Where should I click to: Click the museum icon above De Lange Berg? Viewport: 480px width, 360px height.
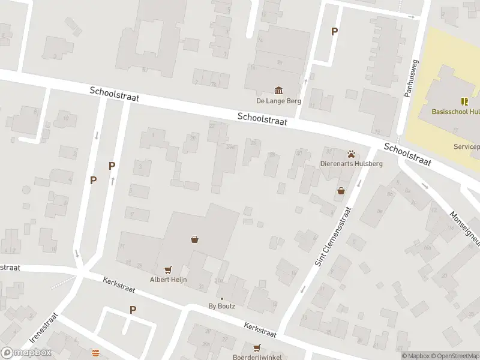[x=279, y=91]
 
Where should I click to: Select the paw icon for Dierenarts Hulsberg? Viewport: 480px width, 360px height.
[x=351, y=154]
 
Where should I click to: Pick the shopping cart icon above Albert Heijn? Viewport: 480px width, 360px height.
[x=167, y=270]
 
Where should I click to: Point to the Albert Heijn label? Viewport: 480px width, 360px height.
[x=168, y=280]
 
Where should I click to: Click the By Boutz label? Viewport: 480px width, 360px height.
[x=222, y=306]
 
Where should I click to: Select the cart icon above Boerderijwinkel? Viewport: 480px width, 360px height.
[x=258, y=347]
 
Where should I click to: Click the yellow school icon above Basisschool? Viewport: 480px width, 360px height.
[x=464, y=101]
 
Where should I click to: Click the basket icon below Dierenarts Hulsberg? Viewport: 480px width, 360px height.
[x=341, y=191]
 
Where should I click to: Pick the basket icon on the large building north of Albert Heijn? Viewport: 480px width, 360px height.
[x=195, y=239]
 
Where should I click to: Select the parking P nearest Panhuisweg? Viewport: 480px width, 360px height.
[x=335, y=32]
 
